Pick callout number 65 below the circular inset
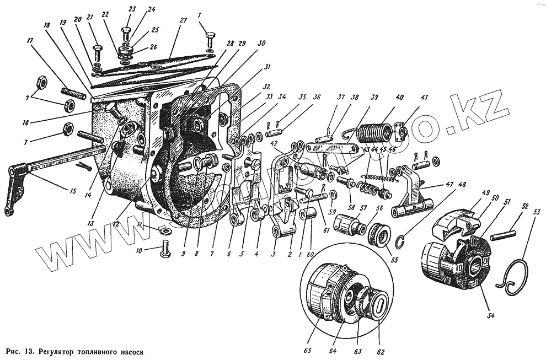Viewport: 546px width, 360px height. pos(307,350)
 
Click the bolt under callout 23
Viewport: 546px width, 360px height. pos(126,33)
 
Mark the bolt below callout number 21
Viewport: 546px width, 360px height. pos(97,53)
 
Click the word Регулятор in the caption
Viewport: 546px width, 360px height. pos(60,351)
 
